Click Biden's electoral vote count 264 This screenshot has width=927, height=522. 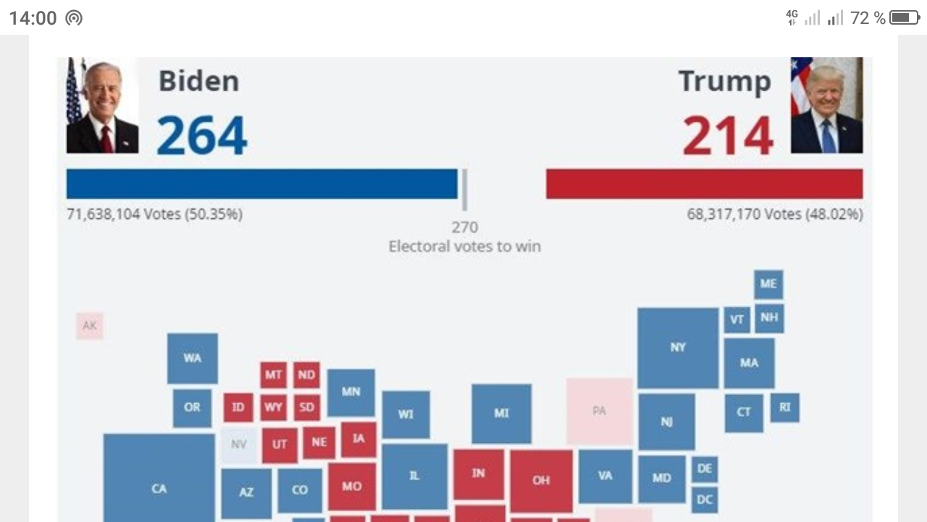tap(201, 136)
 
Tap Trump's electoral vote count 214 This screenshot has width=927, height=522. tap(727, 136)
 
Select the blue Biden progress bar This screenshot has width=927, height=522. tap(261, 183)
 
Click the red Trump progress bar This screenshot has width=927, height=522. tap(704, 183)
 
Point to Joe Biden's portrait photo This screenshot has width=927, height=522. tap(102, 106)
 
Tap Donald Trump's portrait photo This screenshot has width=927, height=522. tap(826, 106)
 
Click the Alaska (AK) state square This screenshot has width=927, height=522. tap(90, 326)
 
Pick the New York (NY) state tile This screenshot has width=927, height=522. tap(678, 348)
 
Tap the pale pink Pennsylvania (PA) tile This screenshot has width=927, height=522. tap(600, 411)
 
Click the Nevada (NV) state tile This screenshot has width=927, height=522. tap(238, 444)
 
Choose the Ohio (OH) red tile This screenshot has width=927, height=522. tap(541, 481)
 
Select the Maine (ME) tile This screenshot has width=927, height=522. tap(768, 284)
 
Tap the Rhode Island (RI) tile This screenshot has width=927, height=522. tap(785, 407)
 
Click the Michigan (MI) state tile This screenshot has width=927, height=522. tap(501, 413)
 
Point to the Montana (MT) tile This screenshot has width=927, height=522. tap(273, 375)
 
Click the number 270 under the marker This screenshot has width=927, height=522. tap(465, 228)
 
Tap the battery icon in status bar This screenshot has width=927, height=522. tap(905, 17)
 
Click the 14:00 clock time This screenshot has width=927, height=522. tap(33, 18)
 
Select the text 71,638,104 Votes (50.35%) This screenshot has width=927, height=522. tap(154, 215)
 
